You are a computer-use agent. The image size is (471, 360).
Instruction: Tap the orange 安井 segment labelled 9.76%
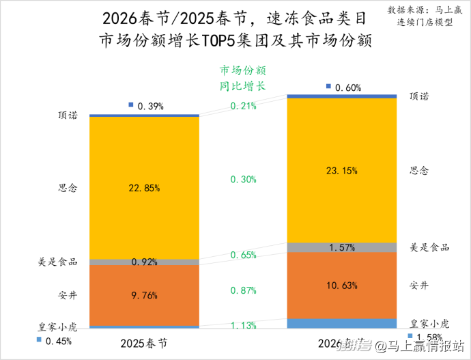coord(144,295)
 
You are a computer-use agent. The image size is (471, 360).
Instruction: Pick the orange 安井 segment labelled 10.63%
coord(341,285)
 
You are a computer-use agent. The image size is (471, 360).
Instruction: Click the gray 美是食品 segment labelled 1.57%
coord(341,247)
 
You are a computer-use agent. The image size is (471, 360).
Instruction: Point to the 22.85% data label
coord(144,188)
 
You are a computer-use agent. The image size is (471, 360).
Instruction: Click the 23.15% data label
coord(341,171)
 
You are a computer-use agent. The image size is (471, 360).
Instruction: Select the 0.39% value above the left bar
coord(150,106)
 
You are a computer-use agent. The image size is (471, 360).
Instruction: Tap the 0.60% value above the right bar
coord(347,87)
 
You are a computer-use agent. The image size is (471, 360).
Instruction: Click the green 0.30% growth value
coord(244,179)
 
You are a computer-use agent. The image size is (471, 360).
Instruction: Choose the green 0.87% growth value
coord(244,290)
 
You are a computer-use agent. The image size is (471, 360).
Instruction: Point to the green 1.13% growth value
coord(244,325)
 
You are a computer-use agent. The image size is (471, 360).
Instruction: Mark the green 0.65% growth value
coord(244,255)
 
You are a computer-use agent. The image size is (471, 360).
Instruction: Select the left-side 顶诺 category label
coord(68,115)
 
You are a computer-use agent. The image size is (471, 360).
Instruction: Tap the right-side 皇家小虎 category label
coord(429,323)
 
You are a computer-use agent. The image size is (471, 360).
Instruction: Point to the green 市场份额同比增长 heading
coord(242,79)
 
